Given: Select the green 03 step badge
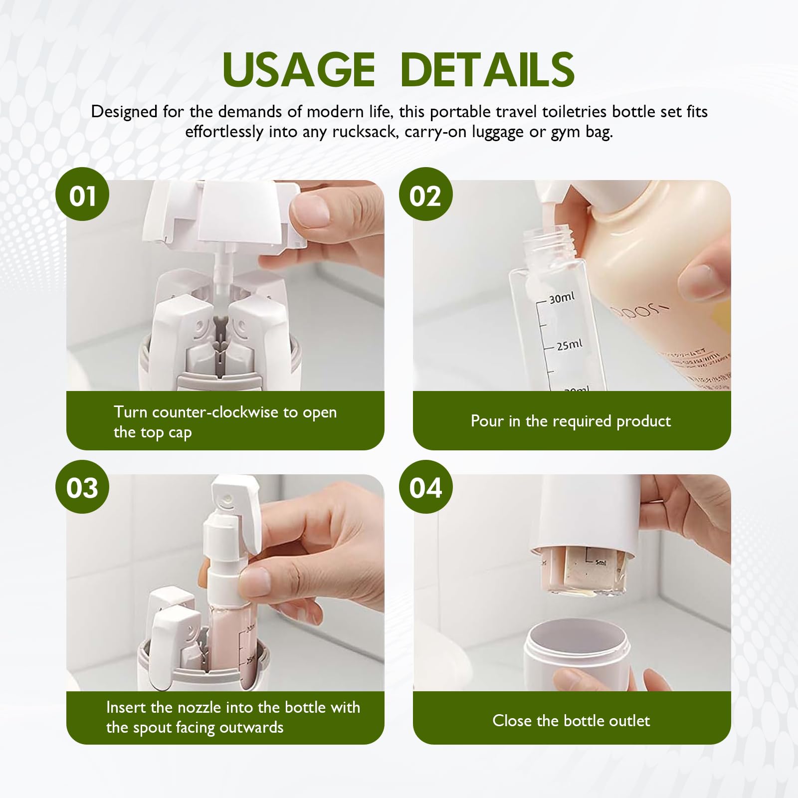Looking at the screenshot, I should pyautogui.click(x=82, y=487).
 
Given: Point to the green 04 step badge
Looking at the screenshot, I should pyautogui.click(x=425, y=487).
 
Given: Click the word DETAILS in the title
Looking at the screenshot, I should pyautogui.click(x=487, y=70).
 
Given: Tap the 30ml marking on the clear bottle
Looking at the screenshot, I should pyautogui.click(x=562, y=298).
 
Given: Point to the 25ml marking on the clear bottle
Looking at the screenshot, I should pyautogui.click(x=569, y=345).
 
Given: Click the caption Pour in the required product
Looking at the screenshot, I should pyautogui.click(x=571, y=421).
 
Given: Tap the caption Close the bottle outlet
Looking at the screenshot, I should pyautogui.click(x=571, y=721).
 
